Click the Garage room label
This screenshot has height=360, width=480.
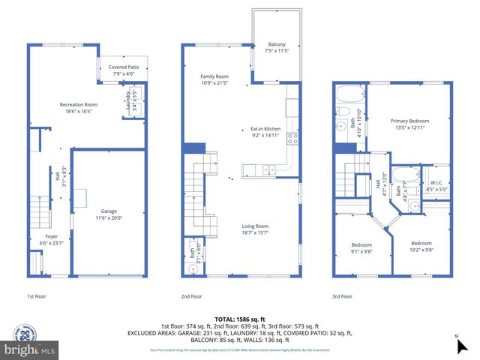click(111, 214)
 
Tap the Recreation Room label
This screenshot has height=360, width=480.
click(79, 107)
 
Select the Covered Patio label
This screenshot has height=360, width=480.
click(123, 70)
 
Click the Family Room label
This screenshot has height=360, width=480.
click(214, 79)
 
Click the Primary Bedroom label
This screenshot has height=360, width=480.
click(409, 124)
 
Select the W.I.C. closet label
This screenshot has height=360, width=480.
click(436, 186)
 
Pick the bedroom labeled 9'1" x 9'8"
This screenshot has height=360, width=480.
click(362, 248)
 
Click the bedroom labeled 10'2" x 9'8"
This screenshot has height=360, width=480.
click(421, 246)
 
